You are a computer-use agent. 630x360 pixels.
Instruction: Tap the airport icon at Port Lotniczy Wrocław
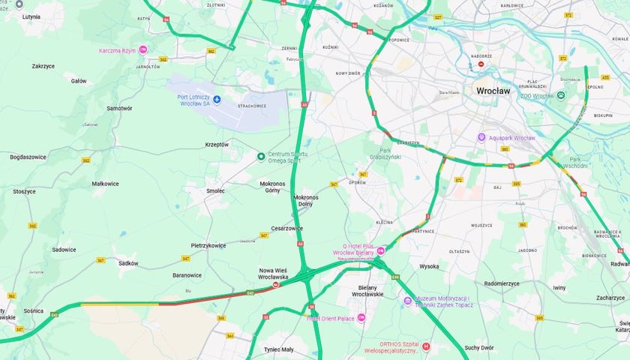[217, 99]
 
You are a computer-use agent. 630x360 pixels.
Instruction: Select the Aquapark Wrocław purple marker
[481, 137]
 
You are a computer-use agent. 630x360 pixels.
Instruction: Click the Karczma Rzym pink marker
[142, 50]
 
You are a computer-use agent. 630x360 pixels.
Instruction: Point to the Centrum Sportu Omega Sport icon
[261, 156]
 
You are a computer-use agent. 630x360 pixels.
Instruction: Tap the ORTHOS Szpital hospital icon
[426, 346]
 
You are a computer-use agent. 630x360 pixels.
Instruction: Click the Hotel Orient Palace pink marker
[361, 318]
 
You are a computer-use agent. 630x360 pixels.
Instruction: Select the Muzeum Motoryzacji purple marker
[407, 301]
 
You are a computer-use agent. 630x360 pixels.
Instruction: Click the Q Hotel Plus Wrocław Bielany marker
[380, 250]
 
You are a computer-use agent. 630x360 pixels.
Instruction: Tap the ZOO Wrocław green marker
[560, 95]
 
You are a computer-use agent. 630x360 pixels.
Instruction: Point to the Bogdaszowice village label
[28, 157]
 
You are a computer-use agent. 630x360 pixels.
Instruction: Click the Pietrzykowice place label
[208, 245]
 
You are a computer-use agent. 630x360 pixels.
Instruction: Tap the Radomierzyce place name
[502, 283]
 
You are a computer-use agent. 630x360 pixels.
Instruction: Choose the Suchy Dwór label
[478, 347]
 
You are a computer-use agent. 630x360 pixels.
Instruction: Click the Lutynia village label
[31, 16]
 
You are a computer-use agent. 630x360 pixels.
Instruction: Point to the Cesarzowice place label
[287, 228]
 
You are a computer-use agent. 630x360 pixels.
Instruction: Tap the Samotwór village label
[119, 108]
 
